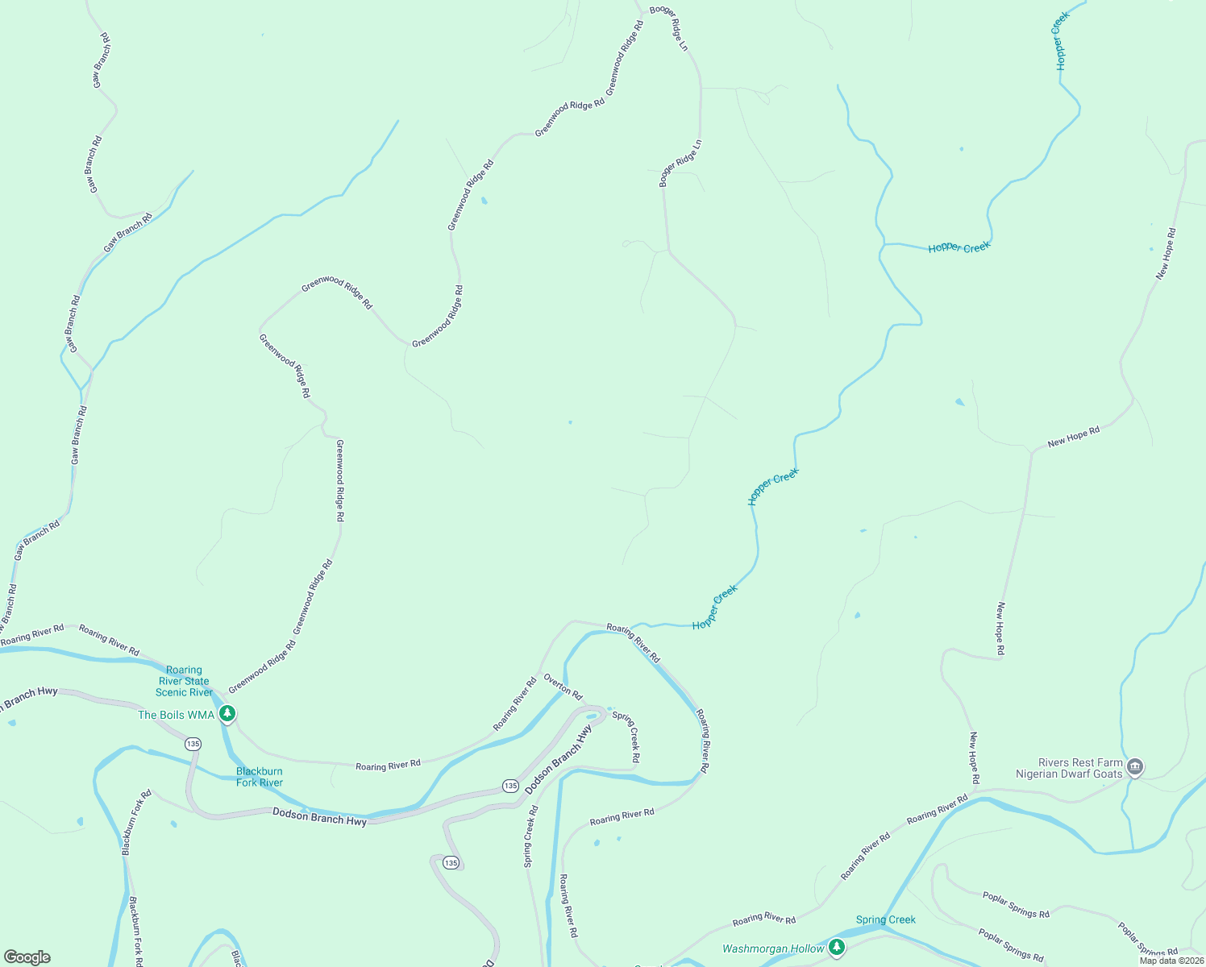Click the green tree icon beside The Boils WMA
228,714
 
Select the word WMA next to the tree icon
203,715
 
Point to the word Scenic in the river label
173,692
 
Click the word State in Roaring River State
196,681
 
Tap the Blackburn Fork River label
260,777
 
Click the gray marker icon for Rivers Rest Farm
1135,766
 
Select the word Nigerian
1040,774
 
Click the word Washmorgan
755,948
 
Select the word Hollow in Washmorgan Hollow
807,948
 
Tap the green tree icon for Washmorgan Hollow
837,948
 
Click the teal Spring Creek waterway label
886,919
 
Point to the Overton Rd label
563,686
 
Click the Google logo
27,957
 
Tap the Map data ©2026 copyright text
1171,961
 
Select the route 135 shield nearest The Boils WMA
193,744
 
